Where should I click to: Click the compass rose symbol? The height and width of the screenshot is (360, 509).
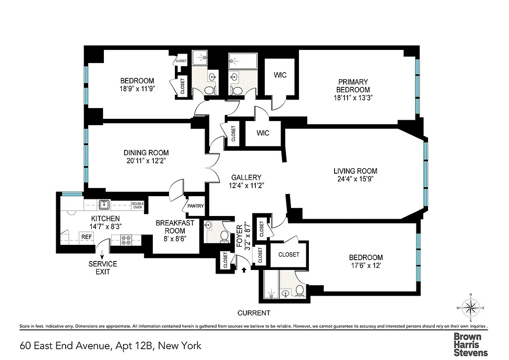coord(470,308)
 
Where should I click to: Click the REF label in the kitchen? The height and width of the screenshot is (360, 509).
coord(85,236)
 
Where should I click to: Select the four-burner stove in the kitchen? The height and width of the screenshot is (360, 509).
coord(125,240)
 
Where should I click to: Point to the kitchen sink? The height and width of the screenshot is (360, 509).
coord(104,205)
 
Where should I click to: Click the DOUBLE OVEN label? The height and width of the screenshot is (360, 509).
coord(137,205)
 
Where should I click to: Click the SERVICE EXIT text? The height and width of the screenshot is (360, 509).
coord(103,268)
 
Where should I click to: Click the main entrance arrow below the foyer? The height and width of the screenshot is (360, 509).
coord(244,270)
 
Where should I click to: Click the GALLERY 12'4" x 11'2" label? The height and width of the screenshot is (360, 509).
coord(246,181)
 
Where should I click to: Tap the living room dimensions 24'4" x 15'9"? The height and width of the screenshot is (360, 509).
coord(355,179)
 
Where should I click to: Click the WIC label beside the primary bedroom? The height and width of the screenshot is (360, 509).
coord(280,75)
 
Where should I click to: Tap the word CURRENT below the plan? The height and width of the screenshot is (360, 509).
coord(254,313)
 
